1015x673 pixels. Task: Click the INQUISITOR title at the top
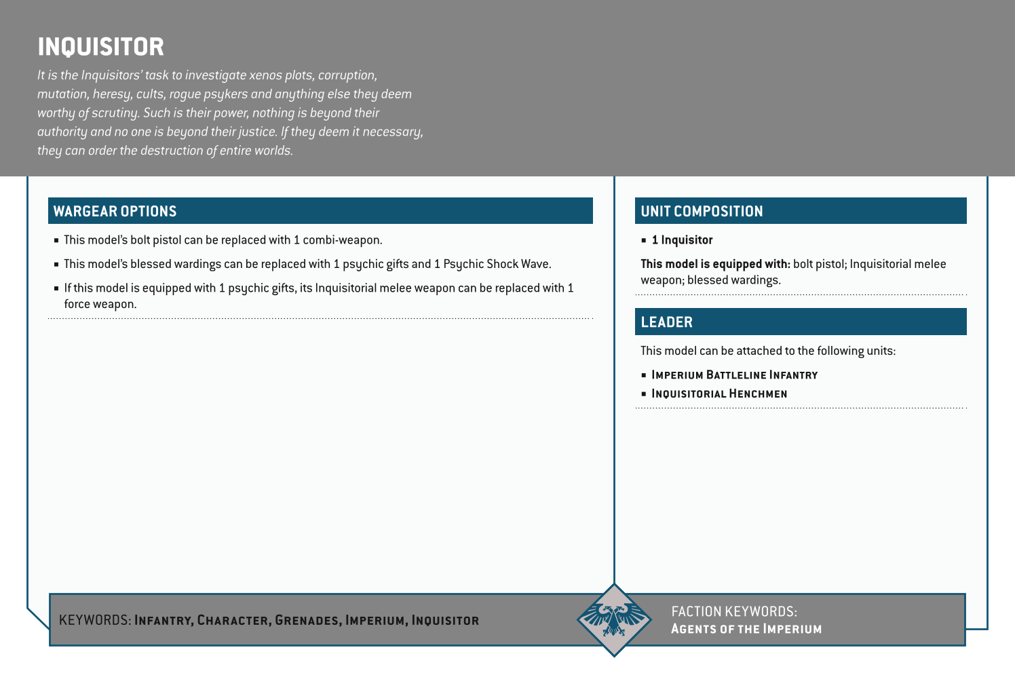pos(100,47)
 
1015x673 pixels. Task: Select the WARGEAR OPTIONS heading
pos(115,211)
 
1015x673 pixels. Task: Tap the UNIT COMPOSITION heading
pos(702,211)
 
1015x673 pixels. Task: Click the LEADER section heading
pos(666,322)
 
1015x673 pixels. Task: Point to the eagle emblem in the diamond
pos(614,619)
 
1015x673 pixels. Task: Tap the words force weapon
pos(100,304)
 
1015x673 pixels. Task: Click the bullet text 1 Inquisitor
pos(682,240)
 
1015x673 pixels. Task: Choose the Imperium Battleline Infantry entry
pos(734,375)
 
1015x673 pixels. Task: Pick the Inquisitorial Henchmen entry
pos(719,393)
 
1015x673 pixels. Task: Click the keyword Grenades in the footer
pos(307,620)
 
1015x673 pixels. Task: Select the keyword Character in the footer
pos(233,620)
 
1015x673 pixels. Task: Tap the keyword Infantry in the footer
pos(163,620)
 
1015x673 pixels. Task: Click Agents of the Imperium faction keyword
pos(746,629)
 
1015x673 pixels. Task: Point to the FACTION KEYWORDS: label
pos(733,611)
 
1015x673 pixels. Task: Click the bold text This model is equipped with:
pos(715,264)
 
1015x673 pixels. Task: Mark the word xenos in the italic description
pos(265,75)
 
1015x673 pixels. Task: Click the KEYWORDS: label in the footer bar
pos(95,620)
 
